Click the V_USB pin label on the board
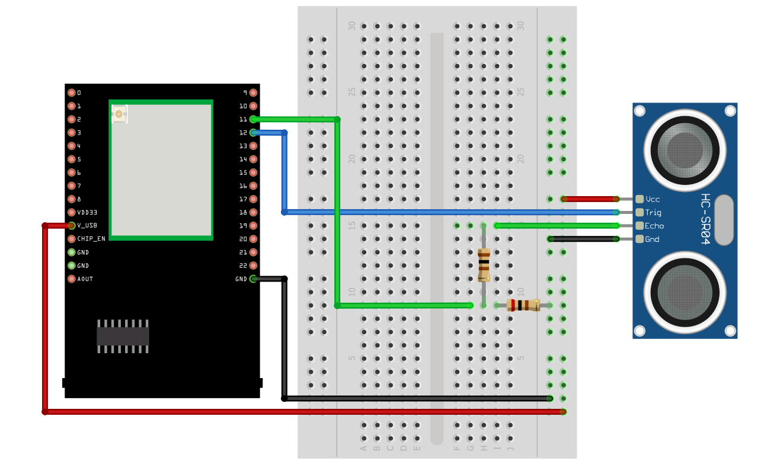click(x=87, y=226)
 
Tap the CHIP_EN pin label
click(x=91, y=239)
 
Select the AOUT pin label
click(x=85, y=279)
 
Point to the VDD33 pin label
click(x=87, y=212)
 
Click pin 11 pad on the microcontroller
click(x=254, y=119)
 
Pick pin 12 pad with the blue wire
click(x=254, y=133)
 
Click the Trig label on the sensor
click(x=653, y=213)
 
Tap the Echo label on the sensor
click(x=654, y=226)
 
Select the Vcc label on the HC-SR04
click(x=653, y=199)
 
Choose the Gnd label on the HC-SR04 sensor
click(x=652, y=239)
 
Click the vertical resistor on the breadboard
click(x=484, y=265)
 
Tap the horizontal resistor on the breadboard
click(x=523, y=305)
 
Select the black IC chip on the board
click(x=123, y=336)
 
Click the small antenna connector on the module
click(x=120, y=114)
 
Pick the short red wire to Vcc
click(x=590, y=199)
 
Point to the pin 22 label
click(x=243, y=265)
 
